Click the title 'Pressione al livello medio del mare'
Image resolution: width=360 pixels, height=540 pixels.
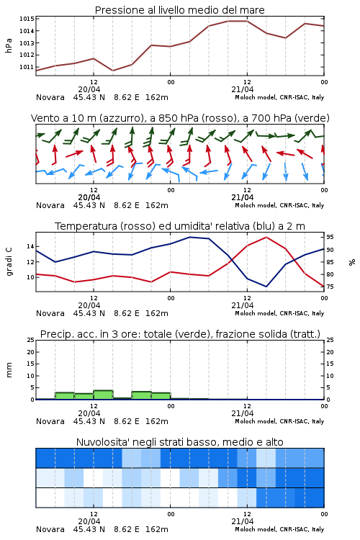[x=179, y=10]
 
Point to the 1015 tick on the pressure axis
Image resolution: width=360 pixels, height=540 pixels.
[x=27, y=19]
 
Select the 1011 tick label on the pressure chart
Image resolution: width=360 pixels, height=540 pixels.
[x=27, y=67]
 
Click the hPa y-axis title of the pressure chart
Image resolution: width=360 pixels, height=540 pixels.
[x=9, y=45]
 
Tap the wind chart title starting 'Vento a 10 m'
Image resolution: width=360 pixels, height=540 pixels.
[x=180, y=118]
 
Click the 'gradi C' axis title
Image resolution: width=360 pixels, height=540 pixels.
[x=9, y=261]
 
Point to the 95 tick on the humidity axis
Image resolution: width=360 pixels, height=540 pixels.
[x=330, y=237]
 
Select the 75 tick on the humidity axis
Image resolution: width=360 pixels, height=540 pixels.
[x=330, y=287]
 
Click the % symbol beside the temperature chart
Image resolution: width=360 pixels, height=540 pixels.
[x=352, y=262]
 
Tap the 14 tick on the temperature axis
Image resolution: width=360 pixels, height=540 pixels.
[x=30, y=246]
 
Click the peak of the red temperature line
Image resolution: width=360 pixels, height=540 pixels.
[x=266, y=237]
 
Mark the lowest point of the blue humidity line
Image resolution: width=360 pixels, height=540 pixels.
[x=266, y=287]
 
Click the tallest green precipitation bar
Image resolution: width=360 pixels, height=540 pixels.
[x=103, y=395]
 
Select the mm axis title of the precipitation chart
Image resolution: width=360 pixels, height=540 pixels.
[x=9, y=370]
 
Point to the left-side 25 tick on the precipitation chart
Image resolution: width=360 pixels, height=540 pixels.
[x=30, y=340]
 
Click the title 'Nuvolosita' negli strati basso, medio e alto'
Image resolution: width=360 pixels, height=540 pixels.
[x=179, y=442]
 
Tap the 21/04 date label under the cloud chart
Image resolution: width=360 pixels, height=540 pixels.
[x=243, y=521]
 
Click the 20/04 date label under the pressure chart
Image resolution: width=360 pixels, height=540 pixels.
[x=89, y=89]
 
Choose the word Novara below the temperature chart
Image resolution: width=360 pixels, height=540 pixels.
[x=50, y=313]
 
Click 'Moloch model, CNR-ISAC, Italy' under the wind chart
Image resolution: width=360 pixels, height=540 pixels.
[x=279, y=205]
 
